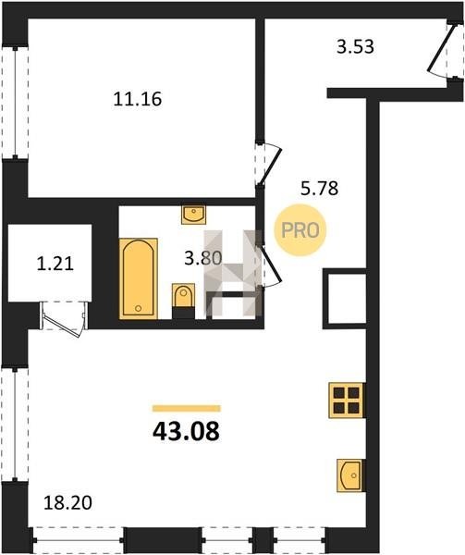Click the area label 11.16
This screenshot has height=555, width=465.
pyautogui.click(x=138, y=99)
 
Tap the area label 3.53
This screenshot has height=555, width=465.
pyautogui.click(x=355, y=47)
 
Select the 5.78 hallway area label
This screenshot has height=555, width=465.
pyautogui.click(x=319, y=189)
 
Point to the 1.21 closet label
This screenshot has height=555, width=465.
pyautogui.click(x=55, y=264)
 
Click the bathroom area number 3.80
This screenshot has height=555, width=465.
pyautogui.click(x=203, y=258)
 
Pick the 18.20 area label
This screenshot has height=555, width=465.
pyautogui.click(x=67, y=502)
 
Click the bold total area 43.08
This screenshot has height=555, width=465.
pyautogui.click(x=186, y=432)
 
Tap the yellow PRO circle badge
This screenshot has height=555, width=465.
pyautogui.click(x=300, y=230)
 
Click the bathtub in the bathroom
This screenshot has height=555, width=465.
pyautogui.click(x=139, y=279)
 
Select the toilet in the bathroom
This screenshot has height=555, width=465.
pyautogui.click(x=183, y=300)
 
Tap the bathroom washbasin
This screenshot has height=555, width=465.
pyautogui.click(x=193, y=215)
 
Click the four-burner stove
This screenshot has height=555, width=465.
pyautogui.click(x=346, y=401)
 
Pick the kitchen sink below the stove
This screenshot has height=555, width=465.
pyautogui.click(x=350, y=475)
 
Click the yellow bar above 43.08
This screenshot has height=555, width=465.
pyautogui.click(x=187, y=409)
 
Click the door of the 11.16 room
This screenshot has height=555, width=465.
pyautogui.click(x=269, y=164)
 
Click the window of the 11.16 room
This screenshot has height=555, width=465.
pyautogui.click(x=15, y=103)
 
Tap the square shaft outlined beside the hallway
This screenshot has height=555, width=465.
pyautogui.click(x=345, y=299)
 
